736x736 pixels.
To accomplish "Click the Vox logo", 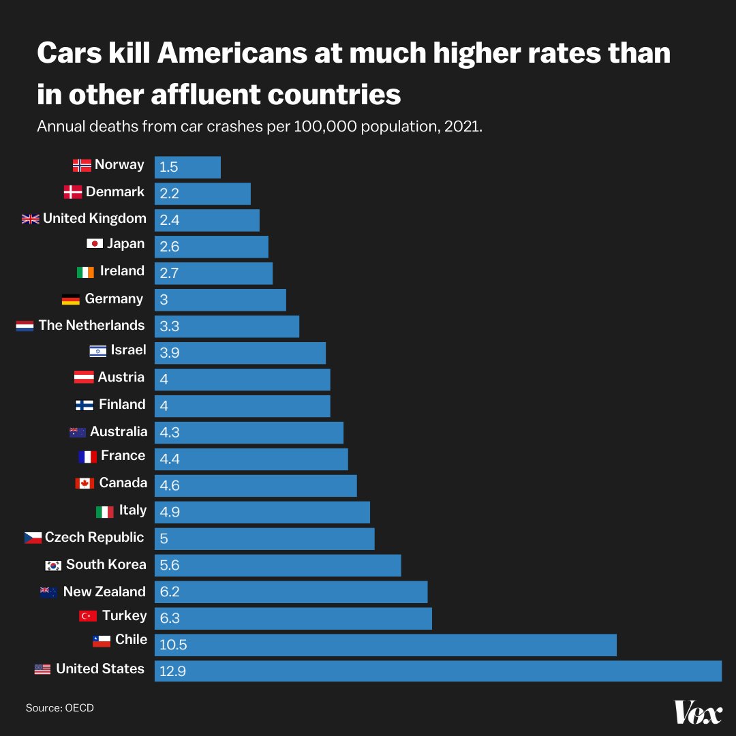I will [697, 712].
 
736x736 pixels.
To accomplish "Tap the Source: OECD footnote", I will [60, 708].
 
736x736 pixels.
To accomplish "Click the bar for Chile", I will [385, 645].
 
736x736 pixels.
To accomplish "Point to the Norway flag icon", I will [82, 165].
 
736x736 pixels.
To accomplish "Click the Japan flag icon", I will [95, 244].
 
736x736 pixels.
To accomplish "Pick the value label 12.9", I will [172, 671].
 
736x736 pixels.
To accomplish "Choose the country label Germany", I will [114, 298].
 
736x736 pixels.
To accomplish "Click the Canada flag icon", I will [85, 483].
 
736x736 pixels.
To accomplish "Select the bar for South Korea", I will [277, 566].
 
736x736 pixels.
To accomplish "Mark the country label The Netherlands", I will [91, 325].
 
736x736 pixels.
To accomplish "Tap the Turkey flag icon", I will [88, 616].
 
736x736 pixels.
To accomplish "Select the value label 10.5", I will [173, 645].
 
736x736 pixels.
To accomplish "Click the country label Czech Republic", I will [94, 537].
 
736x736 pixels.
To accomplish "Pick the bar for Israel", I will [240, 353].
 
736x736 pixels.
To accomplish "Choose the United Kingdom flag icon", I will [31, 219].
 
